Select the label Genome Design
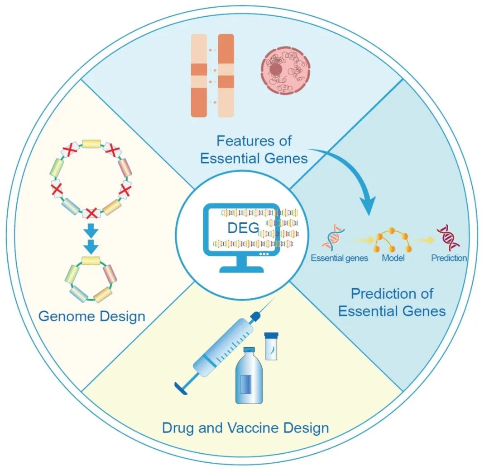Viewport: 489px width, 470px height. (x=92, y=315)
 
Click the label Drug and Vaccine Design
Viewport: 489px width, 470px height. (x=245, y=427)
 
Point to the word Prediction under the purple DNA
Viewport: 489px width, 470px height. (x=449, y=258)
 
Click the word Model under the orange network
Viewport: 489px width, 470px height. (x=393, y=258)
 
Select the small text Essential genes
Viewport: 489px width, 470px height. (x=339, y=258)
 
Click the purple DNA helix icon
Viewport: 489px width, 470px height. (x=448, y=238)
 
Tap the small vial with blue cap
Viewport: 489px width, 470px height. (x=271, y=346)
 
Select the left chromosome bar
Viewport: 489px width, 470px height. (x=198, y=76)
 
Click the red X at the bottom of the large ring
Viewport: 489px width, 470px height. (x=91, y=212)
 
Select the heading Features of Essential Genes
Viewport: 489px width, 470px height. (x=254, y=149)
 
